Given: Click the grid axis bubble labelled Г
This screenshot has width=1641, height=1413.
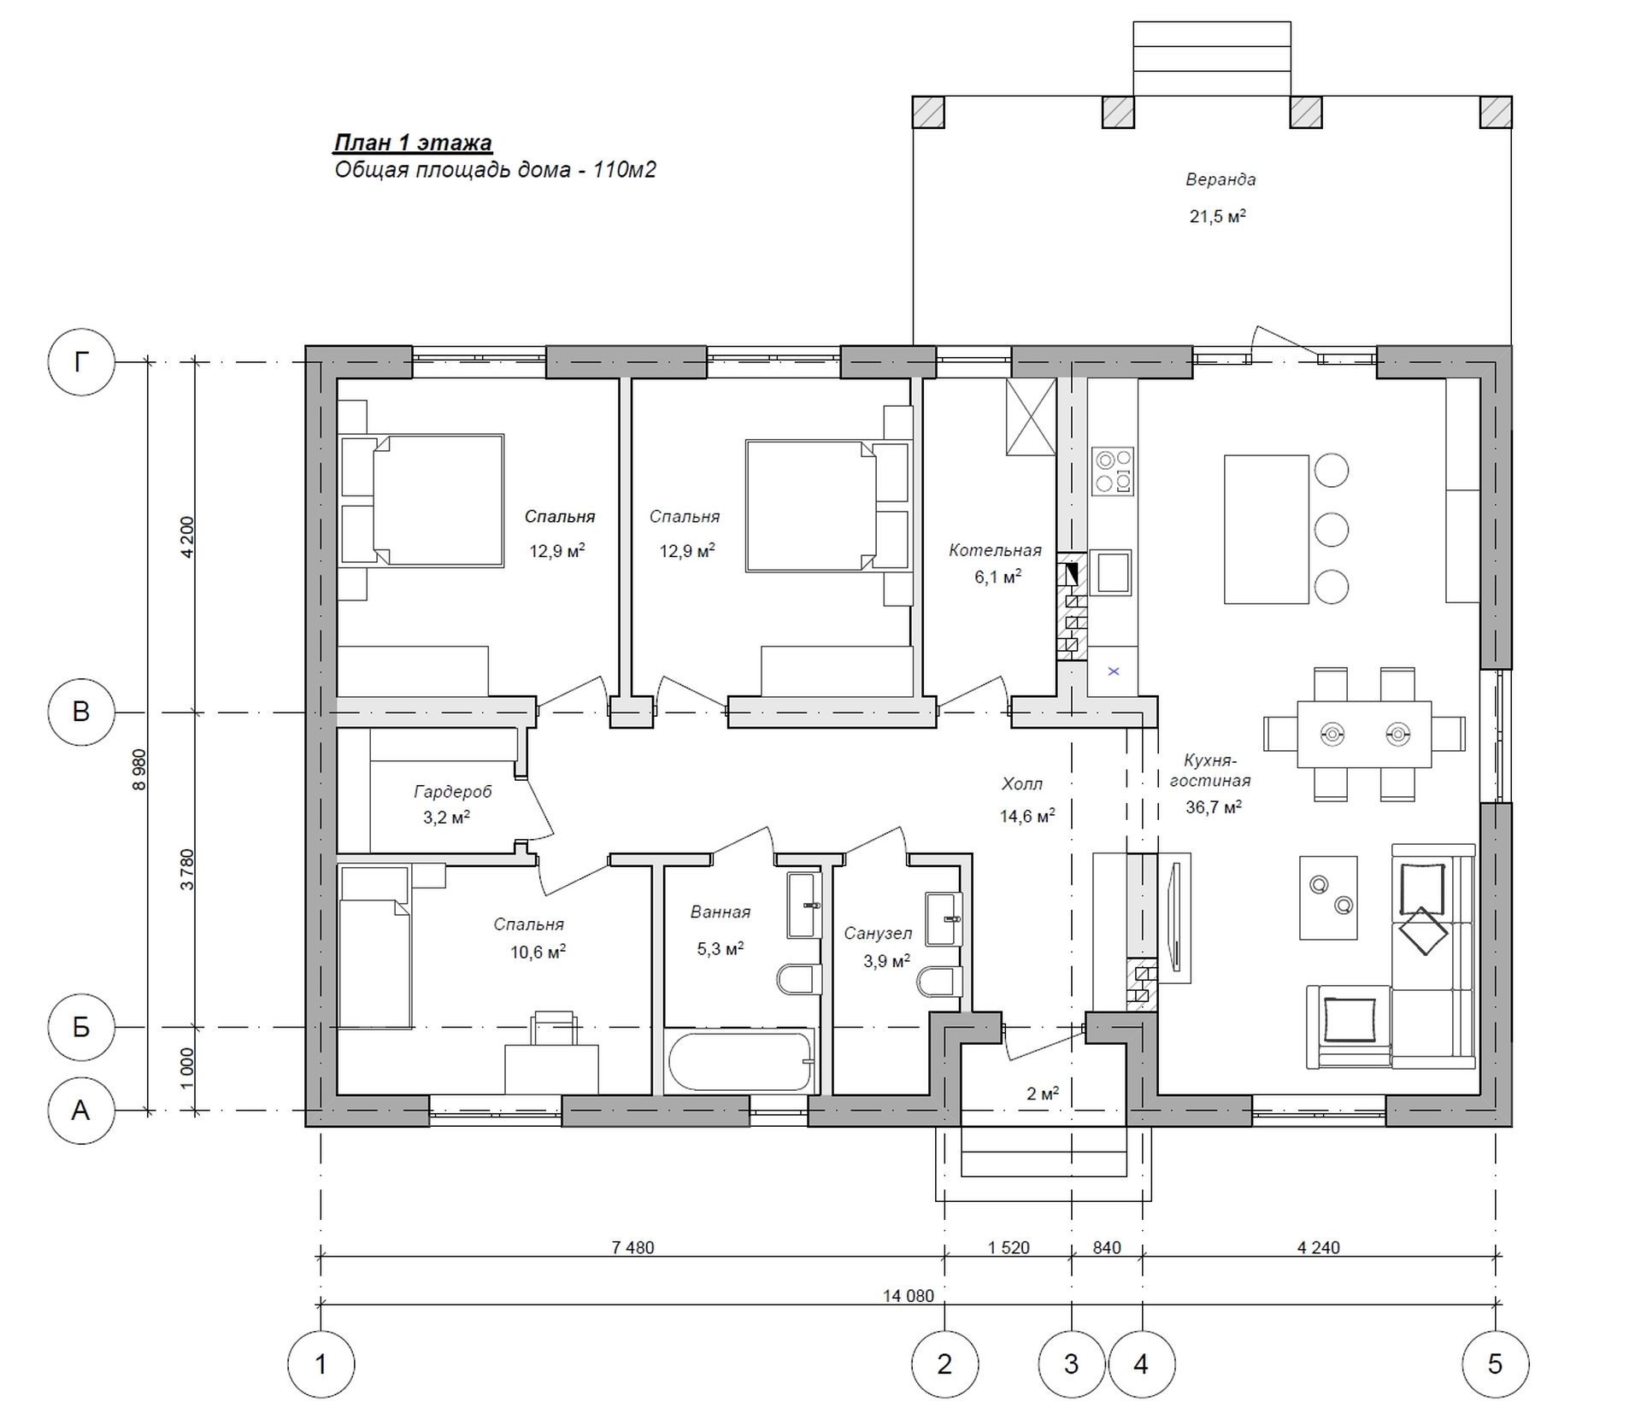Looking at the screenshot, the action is [81, 362].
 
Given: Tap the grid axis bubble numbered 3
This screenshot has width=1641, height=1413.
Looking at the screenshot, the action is [1072, 1363].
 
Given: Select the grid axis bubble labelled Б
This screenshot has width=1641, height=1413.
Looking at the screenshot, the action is [81, 1027].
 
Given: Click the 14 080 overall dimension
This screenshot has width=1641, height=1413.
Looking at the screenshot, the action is [909, 1296].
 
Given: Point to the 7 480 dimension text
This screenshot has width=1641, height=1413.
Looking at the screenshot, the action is [632, 1247].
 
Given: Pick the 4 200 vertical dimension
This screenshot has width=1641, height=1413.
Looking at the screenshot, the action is [187, 536].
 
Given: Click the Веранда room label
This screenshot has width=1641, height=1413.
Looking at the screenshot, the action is [1220, 179].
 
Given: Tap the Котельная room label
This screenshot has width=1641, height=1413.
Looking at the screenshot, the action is [995, 550].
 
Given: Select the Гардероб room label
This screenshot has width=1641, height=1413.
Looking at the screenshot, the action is [453, 792].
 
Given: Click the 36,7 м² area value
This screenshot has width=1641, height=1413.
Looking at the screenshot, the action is [1214, 806].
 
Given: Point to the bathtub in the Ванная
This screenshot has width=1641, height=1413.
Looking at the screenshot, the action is [740, 1061].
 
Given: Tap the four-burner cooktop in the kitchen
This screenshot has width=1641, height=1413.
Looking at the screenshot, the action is [1114, 472].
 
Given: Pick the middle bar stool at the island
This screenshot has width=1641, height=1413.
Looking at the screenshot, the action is [1332, 529].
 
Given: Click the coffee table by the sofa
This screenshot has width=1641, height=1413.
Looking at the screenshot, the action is [1328, 898].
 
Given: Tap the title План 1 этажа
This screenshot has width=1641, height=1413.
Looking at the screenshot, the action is [413, 143].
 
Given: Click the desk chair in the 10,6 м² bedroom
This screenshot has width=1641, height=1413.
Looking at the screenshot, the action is [553, 1028].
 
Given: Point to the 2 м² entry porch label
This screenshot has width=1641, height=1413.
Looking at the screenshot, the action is [1043, 1093].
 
